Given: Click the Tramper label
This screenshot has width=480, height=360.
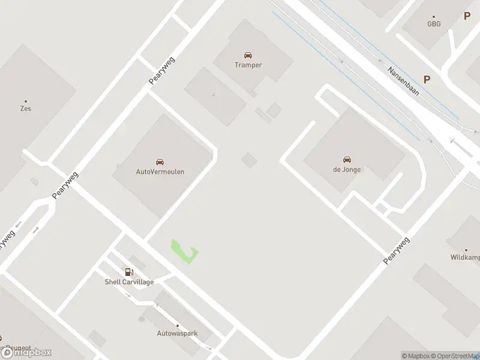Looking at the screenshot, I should [x=248, y=65].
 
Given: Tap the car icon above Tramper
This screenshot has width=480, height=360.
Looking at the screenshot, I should [x=248, y=55].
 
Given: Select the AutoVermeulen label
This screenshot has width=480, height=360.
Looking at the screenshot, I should [x=160, y=172].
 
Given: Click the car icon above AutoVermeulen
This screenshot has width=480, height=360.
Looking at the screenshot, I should [x=160, y=162].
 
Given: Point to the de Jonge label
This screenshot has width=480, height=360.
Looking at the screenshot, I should [x=346, y=169].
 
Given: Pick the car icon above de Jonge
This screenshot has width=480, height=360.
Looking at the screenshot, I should [x=346, y=160].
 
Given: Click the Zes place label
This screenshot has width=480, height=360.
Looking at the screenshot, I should [x=25, y=109].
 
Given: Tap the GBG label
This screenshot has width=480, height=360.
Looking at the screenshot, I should [x=433, y=25].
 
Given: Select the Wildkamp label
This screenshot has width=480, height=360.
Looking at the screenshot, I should [x=466, y=257].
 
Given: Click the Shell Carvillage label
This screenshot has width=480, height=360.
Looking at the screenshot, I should [x=130, y=282].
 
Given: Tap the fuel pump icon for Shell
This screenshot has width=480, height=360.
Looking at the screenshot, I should [x=129, y=272].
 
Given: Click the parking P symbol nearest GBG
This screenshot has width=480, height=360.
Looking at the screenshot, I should [x=467, y=16].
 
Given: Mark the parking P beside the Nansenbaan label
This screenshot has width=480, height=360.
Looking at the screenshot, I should [x=427, y=79].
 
